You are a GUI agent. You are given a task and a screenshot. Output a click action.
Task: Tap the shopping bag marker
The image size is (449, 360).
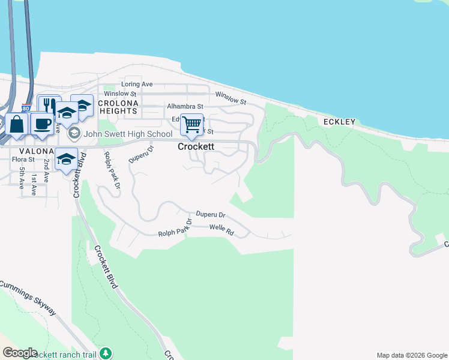(17, 124)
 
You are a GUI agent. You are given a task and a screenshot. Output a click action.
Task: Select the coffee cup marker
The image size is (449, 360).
(41, 123)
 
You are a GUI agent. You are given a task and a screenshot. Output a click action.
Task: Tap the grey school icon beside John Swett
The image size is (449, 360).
(74, 133)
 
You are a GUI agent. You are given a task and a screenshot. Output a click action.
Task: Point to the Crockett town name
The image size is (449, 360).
(196, 146)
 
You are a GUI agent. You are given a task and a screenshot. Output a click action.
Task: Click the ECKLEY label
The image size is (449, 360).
(340, 122)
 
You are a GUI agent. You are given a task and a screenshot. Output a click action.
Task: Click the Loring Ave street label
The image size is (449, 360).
(137, 84)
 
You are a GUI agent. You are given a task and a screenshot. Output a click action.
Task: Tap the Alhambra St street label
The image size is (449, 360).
(169, 106)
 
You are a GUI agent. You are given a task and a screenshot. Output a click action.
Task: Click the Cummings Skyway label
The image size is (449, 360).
(29, 298)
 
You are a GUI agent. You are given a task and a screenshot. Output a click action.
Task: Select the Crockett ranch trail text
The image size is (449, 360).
(63, 355)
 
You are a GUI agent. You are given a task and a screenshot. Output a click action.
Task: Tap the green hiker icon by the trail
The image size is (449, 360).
(106, 353)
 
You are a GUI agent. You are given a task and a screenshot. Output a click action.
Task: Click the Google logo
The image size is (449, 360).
(19, 353)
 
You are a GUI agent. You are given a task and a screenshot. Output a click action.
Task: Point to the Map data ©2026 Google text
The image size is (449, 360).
(412, 355)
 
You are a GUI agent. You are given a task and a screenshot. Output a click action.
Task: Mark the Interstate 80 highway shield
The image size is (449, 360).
(26, 108)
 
